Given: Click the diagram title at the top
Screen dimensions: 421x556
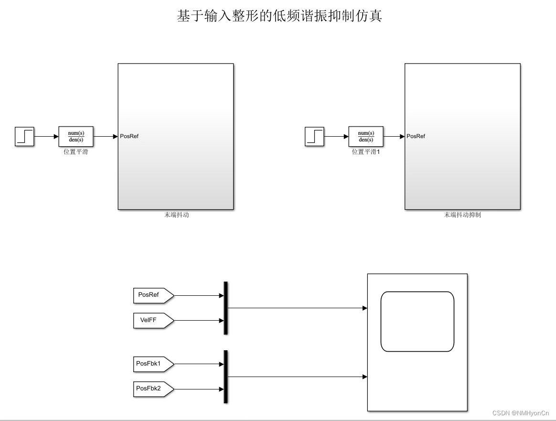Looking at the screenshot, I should click(x=279, y=16).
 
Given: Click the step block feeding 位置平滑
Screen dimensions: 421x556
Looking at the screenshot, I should click(x=25, y=137).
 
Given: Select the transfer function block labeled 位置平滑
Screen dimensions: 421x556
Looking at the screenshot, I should click(x=76, y=136).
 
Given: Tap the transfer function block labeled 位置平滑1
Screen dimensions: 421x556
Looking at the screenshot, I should click(x=366, y=136).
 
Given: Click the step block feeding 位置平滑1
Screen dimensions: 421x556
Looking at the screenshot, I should click(x=314, y=137).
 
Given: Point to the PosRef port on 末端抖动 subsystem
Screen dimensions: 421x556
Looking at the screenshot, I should click(x=129, y=136).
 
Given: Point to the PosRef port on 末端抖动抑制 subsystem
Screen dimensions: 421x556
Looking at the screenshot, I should click(x=416, y=136).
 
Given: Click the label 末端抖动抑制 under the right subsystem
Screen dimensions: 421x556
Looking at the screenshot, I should click(x=462, y=215).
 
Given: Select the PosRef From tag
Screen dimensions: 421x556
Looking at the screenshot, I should click(x=152, y=295).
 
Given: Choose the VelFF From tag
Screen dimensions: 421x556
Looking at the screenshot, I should click(x=152, y=320).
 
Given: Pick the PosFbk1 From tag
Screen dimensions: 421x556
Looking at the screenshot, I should click(x=152, y=364).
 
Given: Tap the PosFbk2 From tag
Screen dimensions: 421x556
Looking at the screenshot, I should click(x=152, y=389).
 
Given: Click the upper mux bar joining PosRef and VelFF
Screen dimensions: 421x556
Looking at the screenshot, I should click(x=225, y=308).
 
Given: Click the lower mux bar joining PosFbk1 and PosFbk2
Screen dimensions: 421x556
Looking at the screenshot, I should click(x=225, y=377).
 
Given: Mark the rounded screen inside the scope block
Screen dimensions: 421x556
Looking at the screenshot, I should click(x=417, y=322).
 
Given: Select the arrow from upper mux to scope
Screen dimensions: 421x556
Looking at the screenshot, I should click(x=296, y=308).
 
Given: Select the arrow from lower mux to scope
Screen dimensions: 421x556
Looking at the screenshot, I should click(x=296, y=377).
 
